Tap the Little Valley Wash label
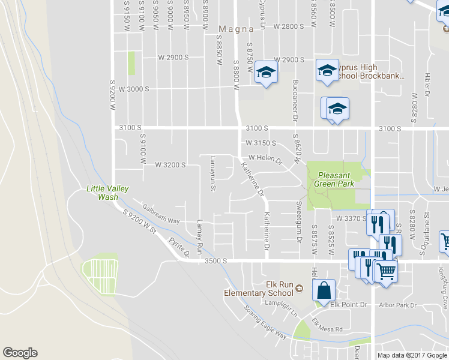tap(107, 193)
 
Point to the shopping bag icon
tap(324, 290)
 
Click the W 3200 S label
tap(170, 164)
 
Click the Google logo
tap(20, 353)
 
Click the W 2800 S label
tap(289, 26)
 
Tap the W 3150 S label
tap(261, 143)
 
